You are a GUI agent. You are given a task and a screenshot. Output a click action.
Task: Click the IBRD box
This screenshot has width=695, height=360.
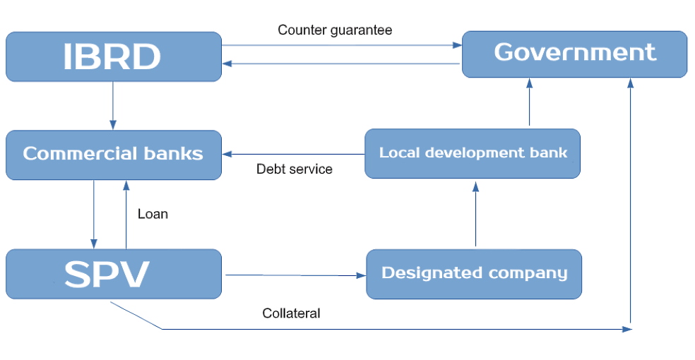point(113,56)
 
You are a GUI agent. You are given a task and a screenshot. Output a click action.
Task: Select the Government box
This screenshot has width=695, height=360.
point(574,53)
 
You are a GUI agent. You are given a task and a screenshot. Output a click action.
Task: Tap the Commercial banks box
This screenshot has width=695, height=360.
point(113,154)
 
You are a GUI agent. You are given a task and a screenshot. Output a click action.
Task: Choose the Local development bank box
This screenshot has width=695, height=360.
point(473,152)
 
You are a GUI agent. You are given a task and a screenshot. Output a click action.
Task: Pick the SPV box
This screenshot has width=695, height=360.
point(113,274)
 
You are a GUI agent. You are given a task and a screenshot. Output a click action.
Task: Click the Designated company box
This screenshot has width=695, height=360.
point(474,273)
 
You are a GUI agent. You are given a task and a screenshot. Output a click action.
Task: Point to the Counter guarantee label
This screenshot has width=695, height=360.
point(335,30)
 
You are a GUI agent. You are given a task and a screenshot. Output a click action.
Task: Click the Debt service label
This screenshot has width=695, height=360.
point(294,169)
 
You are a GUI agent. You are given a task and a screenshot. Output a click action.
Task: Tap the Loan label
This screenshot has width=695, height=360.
point(153,214)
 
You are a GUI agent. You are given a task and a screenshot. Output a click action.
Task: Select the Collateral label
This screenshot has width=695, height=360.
point(291,313)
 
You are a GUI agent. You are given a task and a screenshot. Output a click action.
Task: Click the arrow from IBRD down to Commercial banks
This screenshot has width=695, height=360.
point(113,106)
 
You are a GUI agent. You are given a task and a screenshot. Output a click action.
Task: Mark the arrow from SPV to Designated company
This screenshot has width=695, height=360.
point(294,275)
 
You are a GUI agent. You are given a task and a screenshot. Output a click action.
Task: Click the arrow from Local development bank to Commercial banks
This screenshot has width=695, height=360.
point(293,154)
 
